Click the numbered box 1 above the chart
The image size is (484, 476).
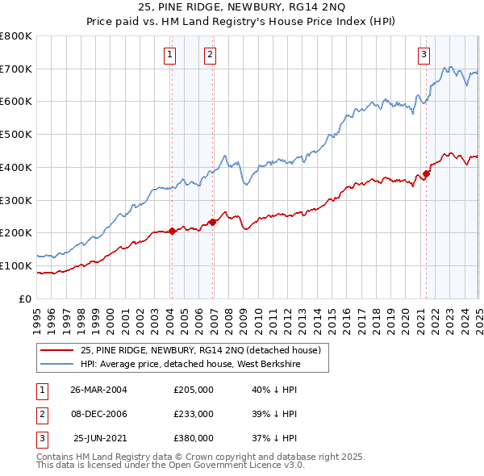click(170, 55)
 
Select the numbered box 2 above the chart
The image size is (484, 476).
click(210, 55)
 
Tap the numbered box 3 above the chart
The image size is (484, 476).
click(423, 55)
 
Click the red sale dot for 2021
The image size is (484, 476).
click(426, 173)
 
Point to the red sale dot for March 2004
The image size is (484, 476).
click(172, 231)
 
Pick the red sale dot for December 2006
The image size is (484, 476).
click(212, 222)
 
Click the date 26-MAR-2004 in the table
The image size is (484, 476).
click(99, 390)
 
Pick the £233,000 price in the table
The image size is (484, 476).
click(194, 414)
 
